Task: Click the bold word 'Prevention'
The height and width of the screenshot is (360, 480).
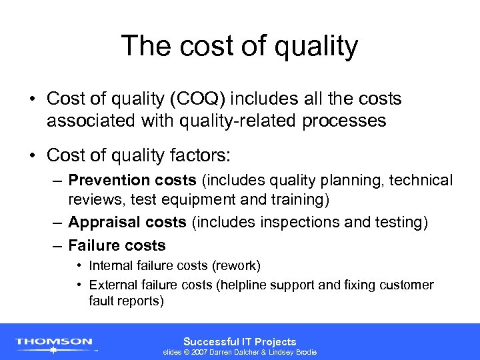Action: click(109, 181)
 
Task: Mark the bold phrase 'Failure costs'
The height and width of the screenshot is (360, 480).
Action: click(117, 245)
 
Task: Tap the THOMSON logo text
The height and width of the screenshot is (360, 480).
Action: click(54, 341)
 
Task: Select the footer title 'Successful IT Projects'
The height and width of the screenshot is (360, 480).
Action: click(239, 341)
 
